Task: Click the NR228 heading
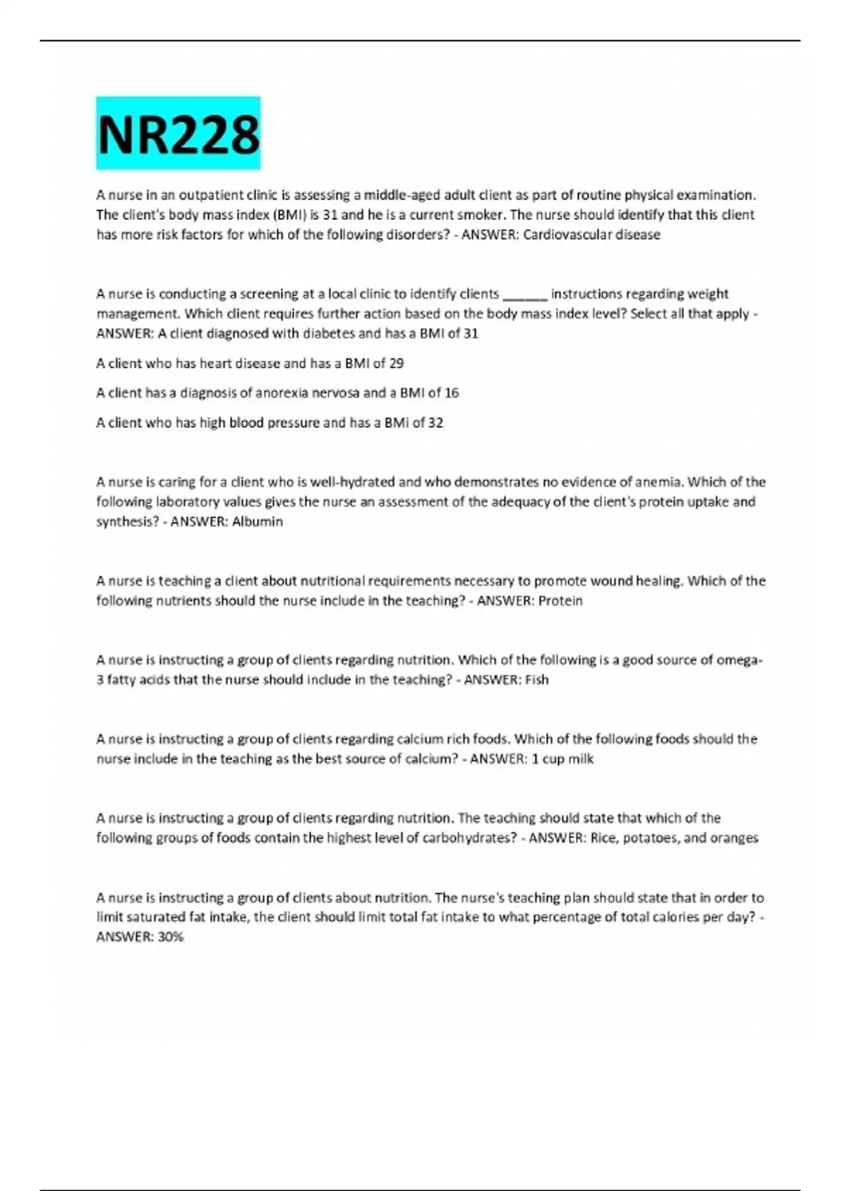pyautogui.click(x=178, y=134)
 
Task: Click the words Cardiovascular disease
pyautogui.click(x=592, y=235)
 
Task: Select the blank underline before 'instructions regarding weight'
pyautogui.click(x=525, y=294)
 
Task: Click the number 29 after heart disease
pyautogui.click(x=396, y=364)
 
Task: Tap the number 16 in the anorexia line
pyautogui.click(x=451, y=393)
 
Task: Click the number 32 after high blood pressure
pyautogui.click(x=435, y=422)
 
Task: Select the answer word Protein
pyautogui.click(x=560, y=601)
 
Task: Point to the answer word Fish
pyautogui.click(x=537, y=680)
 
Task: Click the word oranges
pyautogui.click(x=734, y=838)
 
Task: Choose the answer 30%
pyautogui.click(x=170, y=937)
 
